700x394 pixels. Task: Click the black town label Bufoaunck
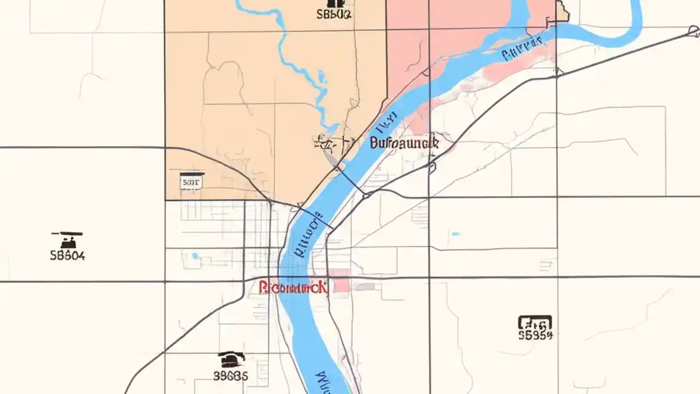(405, 143)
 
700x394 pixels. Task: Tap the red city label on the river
(293, 287)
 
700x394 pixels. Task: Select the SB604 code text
(67, 255)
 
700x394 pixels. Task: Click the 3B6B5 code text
(231, 375)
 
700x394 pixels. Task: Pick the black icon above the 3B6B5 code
(231, 359)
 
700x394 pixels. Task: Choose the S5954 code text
(535, 335)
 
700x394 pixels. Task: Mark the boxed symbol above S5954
(535, 322)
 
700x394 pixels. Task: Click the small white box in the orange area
(191, 181)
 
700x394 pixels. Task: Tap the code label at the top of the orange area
(334, 14)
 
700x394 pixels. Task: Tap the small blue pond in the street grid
(195, 256)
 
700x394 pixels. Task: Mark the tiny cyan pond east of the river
(455, 234)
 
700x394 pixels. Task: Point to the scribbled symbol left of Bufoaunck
(326, 143)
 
